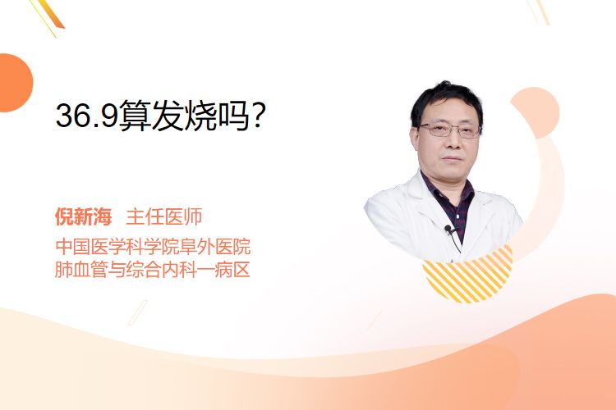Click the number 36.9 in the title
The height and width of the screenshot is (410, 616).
86,115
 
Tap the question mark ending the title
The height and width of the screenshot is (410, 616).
258,115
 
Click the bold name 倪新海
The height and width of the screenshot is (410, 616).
83,216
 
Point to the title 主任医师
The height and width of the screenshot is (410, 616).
163,216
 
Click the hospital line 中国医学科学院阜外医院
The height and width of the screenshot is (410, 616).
153,246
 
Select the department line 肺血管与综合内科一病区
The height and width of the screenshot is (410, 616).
153,270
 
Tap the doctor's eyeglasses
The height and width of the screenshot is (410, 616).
450,130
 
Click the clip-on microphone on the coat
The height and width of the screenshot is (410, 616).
448,228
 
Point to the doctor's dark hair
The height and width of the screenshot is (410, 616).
446,100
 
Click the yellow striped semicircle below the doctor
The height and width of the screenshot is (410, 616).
468,275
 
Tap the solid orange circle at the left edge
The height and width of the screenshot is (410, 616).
15,83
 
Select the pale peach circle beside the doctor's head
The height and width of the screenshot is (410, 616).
538,112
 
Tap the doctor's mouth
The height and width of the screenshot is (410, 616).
453,158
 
